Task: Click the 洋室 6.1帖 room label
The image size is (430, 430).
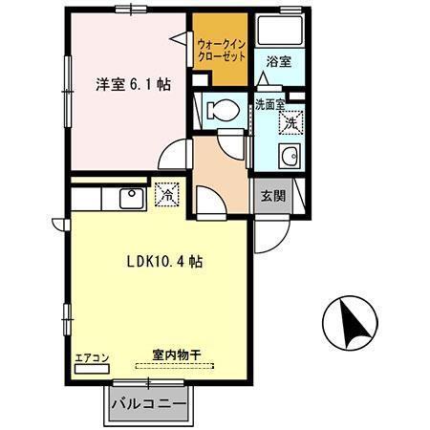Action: pyautogui.click(x=133, y=84)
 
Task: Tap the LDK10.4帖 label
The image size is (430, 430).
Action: pyautogui.click(x=163, y=261)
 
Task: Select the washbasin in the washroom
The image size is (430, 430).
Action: pyautogui.click(x=287, y=159)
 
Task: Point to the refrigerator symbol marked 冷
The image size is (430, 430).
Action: pyautogui.click(x=167, y=194)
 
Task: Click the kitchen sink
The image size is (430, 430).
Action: pyautogui.click(x=129, y=197)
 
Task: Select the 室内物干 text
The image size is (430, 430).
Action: pyautogui.click(x=175, y=355)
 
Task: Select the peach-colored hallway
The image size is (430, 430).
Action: pyautogui.click(x=219, y=166)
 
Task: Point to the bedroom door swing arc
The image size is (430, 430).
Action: pyautogui.click(x=173, y=155)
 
